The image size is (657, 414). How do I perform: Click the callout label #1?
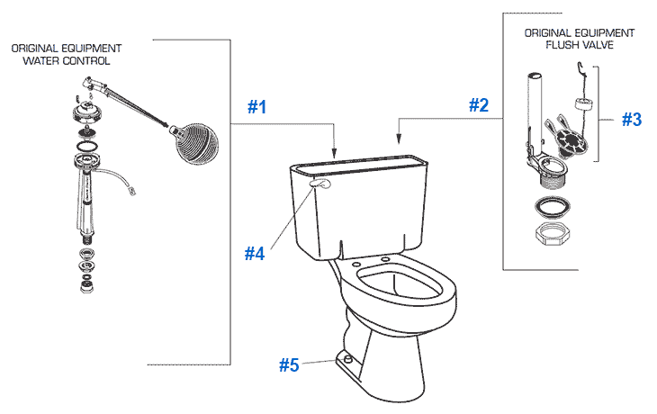tap(257, 106)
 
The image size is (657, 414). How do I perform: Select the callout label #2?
tap(479, 105)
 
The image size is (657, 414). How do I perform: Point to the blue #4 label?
tap(256, 254)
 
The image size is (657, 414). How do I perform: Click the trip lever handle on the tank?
tap(319, 184)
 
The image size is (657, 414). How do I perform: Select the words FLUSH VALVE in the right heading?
tap(579, 44)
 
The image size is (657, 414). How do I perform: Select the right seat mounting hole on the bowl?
tap(386, 260)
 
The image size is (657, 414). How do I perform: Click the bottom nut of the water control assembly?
tap(88, 286)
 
